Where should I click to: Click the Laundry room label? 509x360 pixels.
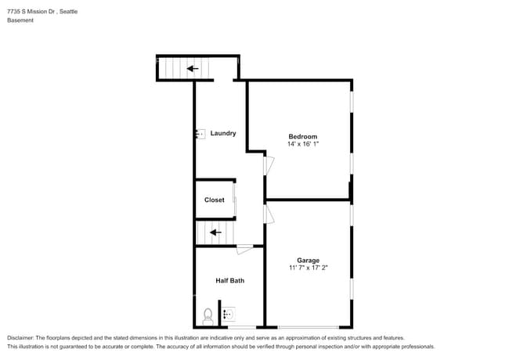223,133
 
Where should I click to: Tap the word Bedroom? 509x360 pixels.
303,137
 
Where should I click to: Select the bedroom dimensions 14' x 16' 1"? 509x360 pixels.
303,145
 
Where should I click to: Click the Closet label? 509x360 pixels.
215,200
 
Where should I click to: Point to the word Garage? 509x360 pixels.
308,261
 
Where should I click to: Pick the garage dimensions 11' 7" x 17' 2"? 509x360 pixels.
308,268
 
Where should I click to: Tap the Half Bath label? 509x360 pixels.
230,280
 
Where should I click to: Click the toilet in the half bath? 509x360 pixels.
208,316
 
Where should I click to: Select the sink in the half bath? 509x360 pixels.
227,315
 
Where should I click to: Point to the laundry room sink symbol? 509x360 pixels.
200,134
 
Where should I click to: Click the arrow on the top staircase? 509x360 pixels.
193,69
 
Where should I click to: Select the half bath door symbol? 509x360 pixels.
244,250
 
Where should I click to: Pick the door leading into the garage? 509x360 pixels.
269,214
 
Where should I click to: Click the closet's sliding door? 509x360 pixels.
235,200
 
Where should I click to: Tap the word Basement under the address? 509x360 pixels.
20,20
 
